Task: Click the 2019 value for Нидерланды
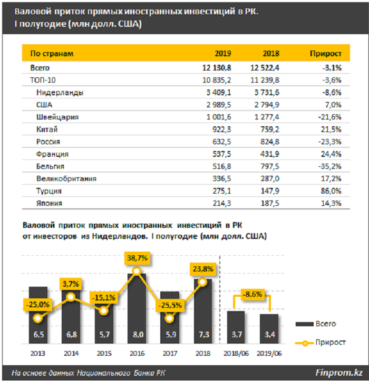pos(219,92)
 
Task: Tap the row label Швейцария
pos(57,117)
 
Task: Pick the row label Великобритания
pos(66,179)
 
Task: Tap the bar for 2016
pos(137,310)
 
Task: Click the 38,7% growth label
pos(137,258)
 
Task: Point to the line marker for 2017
pos(169,318)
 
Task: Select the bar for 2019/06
pos(269,329)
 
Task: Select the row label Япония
pos(51,204)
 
